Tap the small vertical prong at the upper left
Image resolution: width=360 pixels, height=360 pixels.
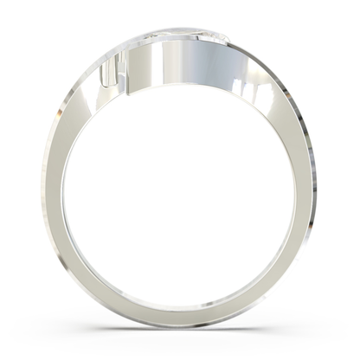coord(109,74)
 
